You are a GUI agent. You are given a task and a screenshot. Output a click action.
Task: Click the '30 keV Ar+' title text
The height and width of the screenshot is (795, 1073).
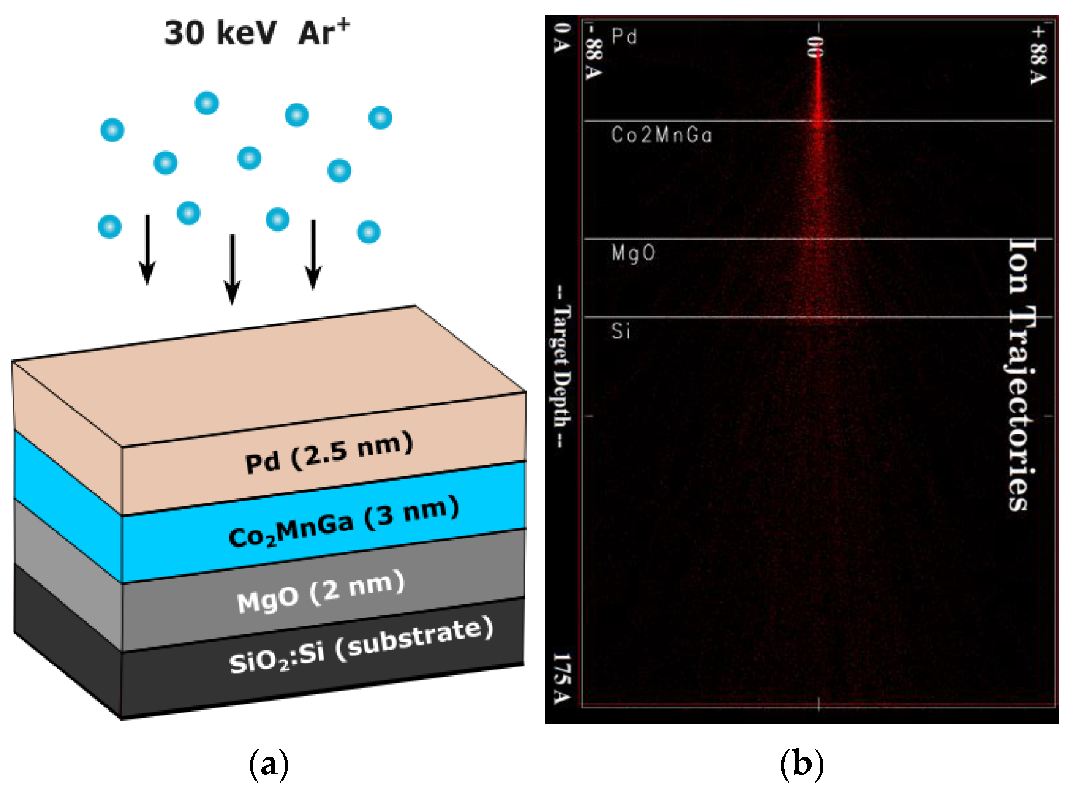tap(257, 33)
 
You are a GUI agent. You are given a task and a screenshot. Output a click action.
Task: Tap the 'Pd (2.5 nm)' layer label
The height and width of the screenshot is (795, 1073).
tap(329, 452)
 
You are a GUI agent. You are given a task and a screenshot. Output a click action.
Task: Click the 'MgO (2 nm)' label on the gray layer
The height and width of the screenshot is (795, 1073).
tap(320, 592)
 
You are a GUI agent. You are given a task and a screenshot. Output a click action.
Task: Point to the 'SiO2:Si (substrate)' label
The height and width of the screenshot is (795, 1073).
tap(361, 645)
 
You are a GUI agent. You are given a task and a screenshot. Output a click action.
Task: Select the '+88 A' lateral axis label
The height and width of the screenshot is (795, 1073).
tap(1038, 55)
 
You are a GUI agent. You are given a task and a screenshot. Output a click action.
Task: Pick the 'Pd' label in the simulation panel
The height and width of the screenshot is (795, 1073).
tap(624, 37)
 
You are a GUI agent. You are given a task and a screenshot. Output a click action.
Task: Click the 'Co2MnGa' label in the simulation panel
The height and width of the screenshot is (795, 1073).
tap(662, 135)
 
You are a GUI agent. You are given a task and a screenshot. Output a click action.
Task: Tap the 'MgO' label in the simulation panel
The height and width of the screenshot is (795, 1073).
tap(633, 253)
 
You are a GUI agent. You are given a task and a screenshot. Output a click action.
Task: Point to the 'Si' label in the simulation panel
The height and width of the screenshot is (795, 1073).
tap(621, 331)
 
